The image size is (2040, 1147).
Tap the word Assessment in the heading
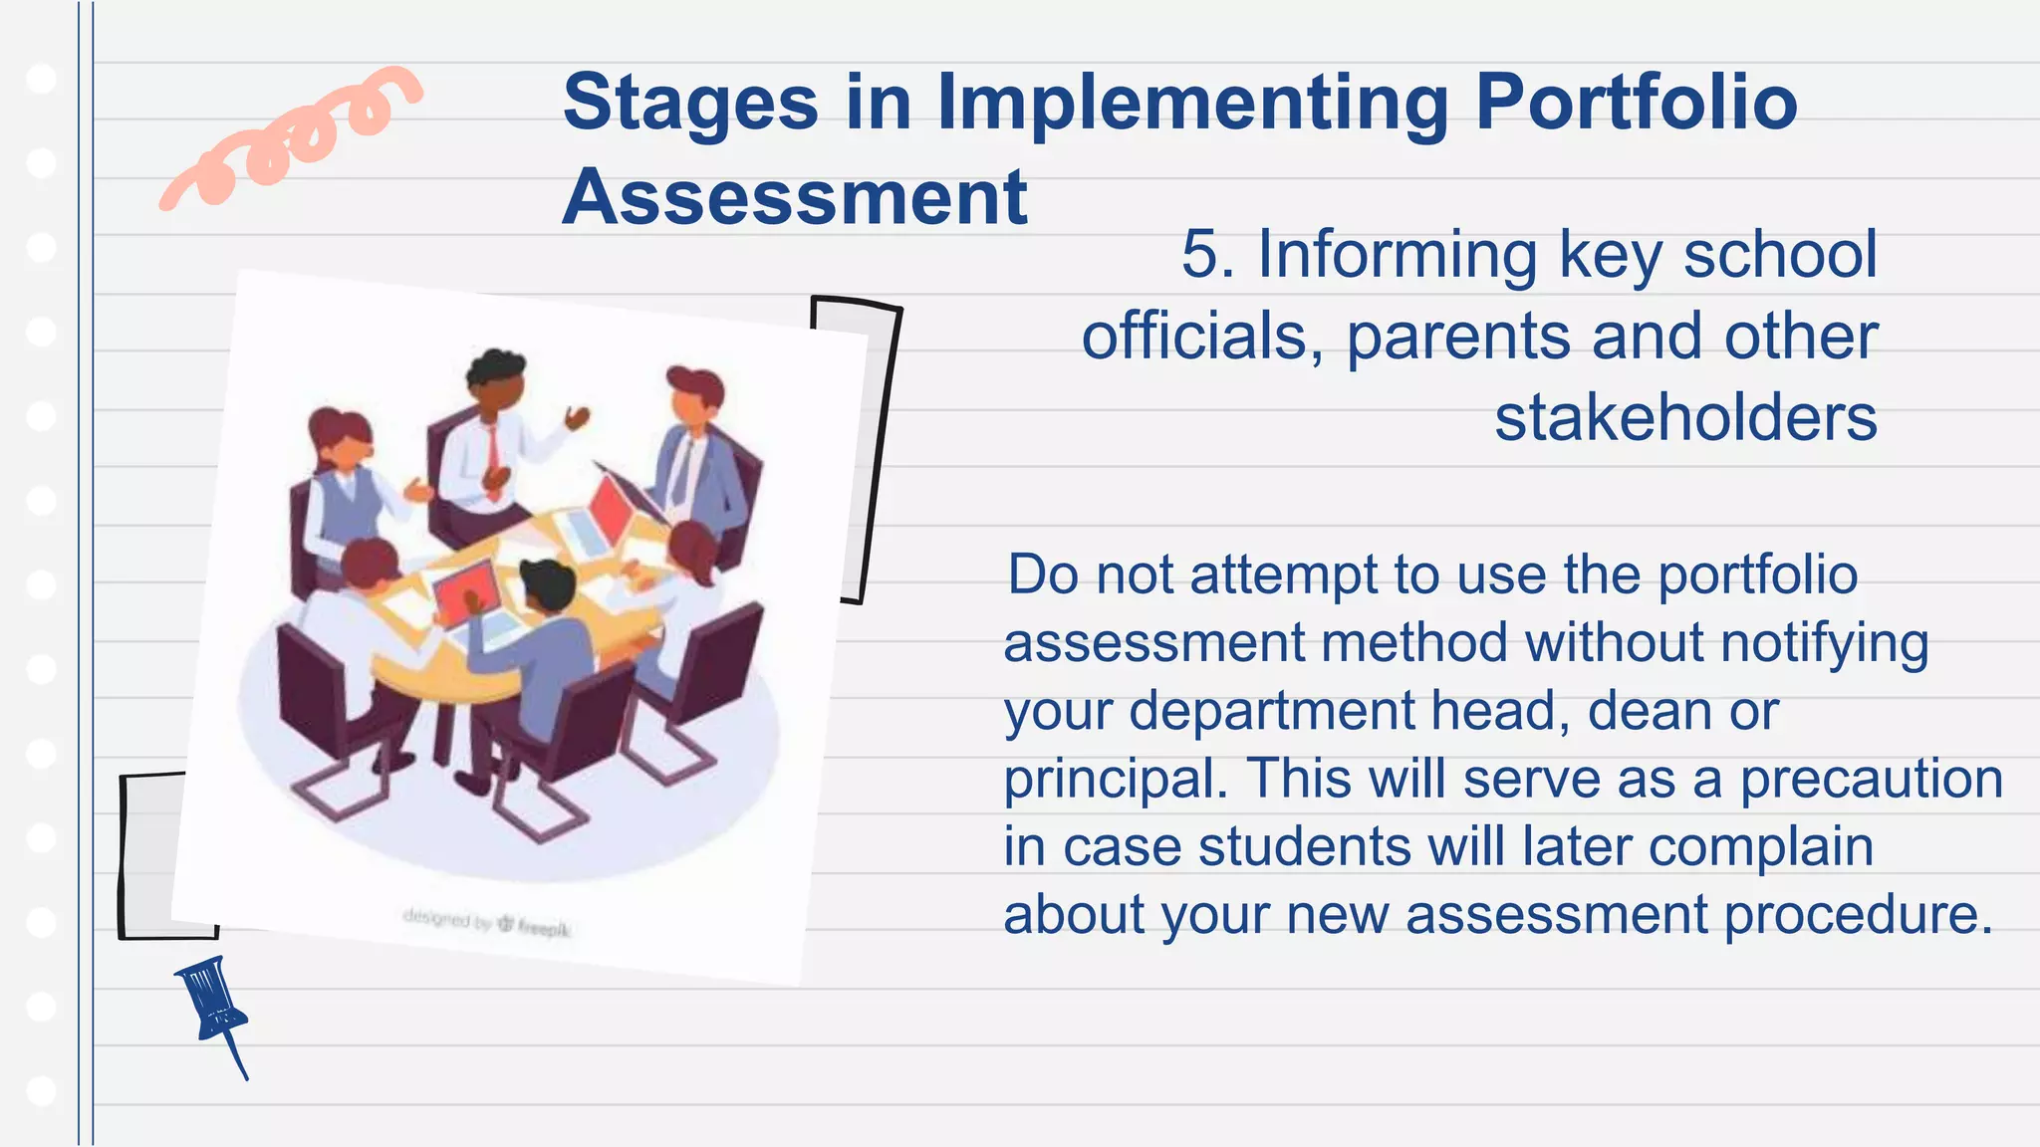[795, 197]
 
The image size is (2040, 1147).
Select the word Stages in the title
[690, 103]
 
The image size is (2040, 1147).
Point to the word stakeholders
[1685, 417]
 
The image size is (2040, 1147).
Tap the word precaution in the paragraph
[1871, 779]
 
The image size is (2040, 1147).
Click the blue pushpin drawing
[213, 1006]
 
